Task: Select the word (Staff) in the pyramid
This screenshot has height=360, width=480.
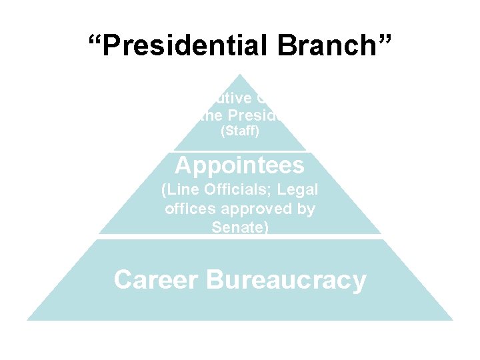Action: pyautogui.click(x=239, y=133)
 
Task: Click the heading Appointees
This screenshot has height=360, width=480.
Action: pyautogui.click(x=240, y=164)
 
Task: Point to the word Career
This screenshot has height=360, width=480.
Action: pyautogui.click(x=155, y=280)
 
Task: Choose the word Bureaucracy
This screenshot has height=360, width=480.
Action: pyautogui.click(x=287, y=280)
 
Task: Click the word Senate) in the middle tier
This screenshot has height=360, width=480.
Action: pyautogui.click(x=240, y=227)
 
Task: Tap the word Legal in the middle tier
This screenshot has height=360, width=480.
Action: pyautogui.click(x=301, y=190)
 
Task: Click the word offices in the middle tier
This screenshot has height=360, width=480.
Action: pyautogui.click(x=189, y=209)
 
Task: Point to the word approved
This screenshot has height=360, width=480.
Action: pyautogui.click(x=257, y=209)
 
